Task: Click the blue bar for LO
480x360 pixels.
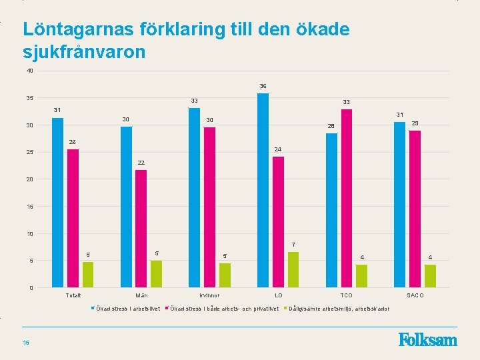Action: [263, 190]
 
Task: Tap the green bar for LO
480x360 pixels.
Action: [293, 269]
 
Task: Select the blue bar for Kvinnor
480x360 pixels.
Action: [194, 197]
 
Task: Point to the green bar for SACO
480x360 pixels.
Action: [430, 276]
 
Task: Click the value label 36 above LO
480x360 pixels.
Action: [263, 86]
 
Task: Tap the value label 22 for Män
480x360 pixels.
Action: [141, 163]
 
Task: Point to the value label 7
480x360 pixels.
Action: [293, 245]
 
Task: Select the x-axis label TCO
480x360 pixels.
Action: [347, 295]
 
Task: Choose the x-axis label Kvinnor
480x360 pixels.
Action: [209, 295]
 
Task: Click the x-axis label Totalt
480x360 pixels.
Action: [73, 295]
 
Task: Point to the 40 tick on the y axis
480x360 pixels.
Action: [30, 71]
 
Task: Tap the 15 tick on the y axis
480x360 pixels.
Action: [30, 207]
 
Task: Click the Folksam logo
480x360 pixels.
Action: [428, 340]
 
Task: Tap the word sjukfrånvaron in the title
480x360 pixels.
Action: [84, 51]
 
